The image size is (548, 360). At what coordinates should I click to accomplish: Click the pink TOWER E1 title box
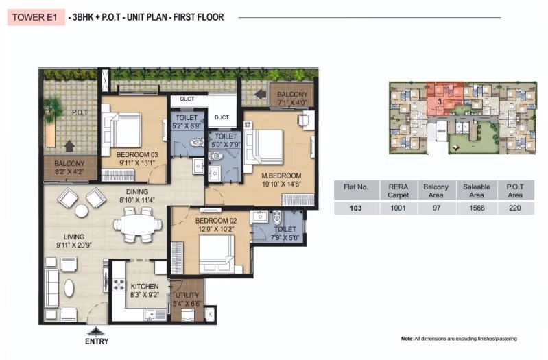(x=36, y=17)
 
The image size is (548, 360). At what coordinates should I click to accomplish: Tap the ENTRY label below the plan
(x=97, y=341)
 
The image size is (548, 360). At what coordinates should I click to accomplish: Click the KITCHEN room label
(x=145, y=286)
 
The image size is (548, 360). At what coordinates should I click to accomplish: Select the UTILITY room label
(x=187, y=295)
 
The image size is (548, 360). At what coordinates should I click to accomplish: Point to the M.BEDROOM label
(x=281, y=176)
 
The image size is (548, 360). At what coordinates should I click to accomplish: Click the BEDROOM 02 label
(x=216, y=221)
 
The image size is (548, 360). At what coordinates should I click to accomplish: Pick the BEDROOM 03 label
(x=137, y=154)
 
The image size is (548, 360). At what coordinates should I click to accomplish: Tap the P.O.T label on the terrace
(x=80, y=112)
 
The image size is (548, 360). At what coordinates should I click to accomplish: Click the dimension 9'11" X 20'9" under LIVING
(x=74, y=245)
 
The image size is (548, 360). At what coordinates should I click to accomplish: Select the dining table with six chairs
(x=138, y=224)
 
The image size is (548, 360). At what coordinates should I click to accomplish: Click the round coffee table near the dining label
(x=82, y=211)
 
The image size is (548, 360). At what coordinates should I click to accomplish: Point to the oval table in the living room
(x=69, y=289)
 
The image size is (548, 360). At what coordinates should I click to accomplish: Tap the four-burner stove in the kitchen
(x=119, y=284)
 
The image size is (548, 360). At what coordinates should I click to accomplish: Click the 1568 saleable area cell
(x=477, y=208)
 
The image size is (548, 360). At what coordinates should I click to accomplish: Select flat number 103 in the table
(x=356, y=208)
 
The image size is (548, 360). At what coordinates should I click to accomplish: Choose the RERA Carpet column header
(x=398, y=191)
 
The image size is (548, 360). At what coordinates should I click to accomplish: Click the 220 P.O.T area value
(x=515, y=208)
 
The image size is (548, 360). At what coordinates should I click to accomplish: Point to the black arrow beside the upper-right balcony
(x=260, y=95)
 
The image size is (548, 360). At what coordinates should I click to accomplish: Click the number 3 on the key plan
(x=440, y=102)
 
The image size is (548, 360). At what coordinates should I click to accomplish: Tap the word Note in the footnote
(x=407, y=339)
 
